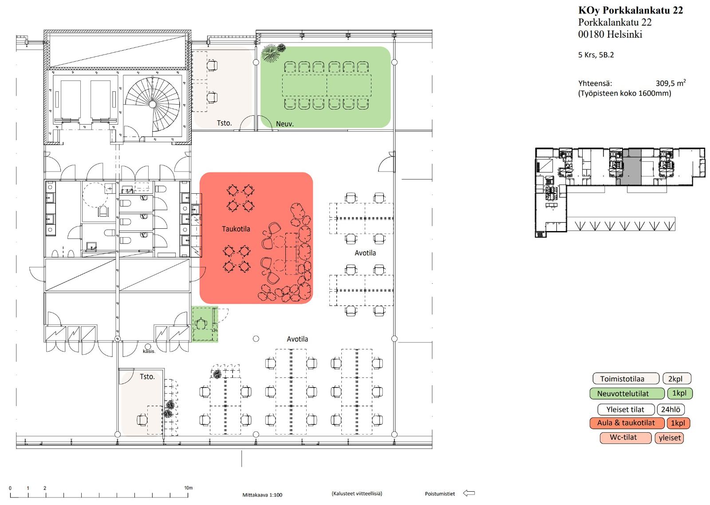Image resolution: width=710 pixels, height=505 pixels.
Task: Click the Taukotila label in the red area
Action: [x=236, y=229]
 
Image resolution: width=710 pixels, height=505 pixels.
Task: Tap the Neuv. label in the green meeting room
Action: [x=284, y=124]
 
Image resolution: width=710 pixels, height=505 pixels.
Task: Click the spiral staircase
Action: [x=153, y=104]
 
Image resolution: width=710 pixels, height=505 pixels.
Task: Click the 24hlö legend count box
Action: [x=671, y=409]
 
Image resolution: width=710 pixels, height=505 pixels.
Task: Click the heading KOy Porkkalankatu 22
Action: [x=631, y=10]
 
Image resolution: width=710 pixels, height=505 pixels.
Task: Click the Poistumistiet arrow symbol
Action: [x=469, y=493]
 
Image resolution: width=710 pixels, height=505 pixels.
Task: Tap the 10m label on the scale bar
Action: [x=188, y=488]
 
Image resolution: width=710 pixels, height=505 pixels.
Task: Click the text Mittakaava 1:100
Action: [x=262, y=495]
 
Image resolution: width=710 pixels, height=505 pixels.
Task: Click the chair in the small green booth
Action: [x=201, y=324]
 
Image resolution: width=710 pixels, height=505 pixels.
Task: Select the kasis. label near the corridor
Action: [x=149, y=352]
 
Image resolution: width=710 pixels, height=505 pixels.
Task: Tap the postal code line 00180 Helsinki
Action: [x=610, y=34]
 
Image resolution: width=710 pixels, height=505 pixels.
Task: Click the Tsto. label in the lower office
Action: [x=147, y=377]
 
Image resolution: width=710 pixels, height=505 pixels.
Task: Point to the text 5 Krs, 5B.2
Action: [x=596, y=55]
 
